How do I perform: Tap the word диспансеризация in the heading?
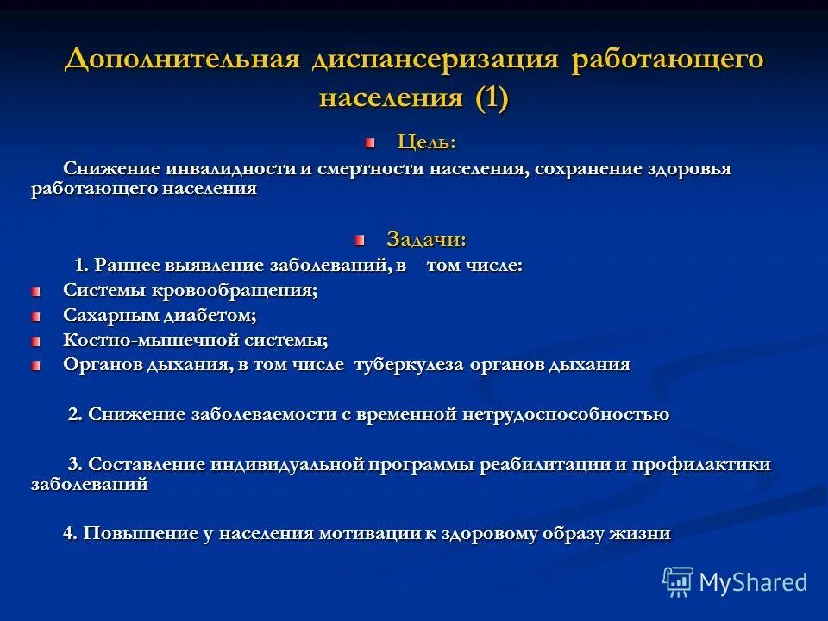click(x=438, y=61)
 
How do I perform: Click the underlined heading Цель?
click(x=426, y=141)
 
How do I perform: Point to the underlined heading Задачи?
click(x=426, y=239)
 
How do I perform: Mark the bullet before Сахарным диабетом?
click(x=35, y=317)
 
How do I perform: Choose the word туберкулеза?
click(x=410, y=365)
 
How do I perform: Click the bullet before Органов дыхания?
click(x=35, y=366)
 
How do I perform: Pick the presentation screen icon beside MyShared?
click(x=678, y=582)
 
